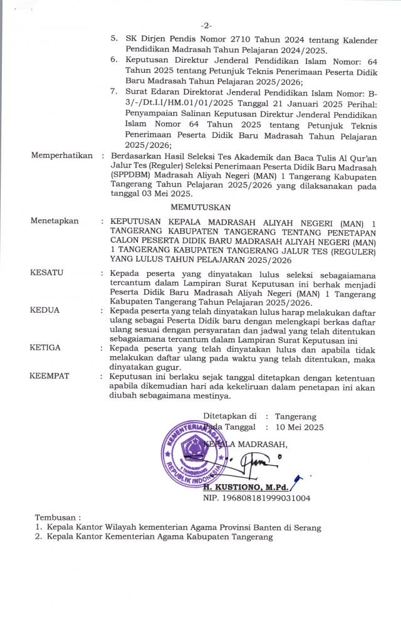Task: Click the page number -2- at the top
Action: pyautogui.click(x=207, y=26)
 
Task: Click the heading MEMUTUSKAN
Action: pyautogui.click(x=200, y=206)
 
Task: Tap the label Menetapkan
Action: pyautogui.click(x=55, y=221)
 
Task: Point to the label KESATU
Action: pyautogui.click(x=47, y=273)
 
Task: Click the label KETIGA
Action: pyautogui.click(x=46, y=346)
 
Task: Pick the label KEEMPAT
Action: pyautogui.click(x=49, y=376)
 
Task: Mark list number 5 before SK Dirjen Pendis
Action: pyautogui.click(x=115, y=39)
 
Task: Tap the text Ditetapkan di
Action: pyautogui.click(x=230, y=416)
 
